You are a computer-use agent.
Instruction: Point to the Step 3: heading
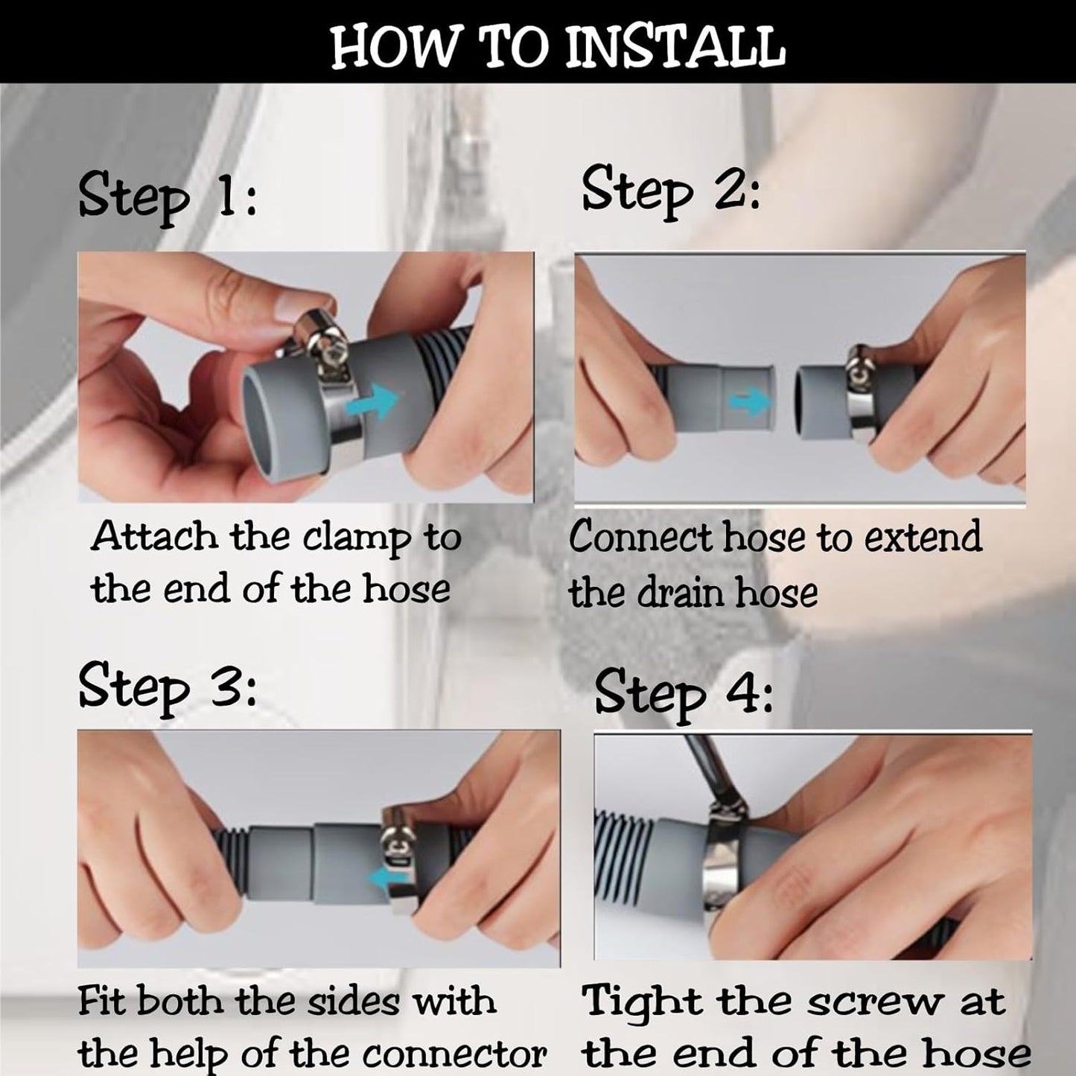(x=168, y=689)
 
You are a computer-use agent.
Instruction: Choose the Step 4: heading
(x=684, y=695)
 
